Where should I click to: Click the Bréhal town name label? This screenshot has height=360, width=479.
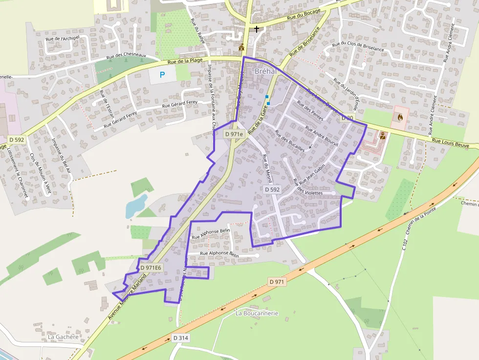[x=266, y=71]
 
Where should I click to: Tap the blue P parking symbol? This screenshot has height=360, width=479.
[x=163, y=75]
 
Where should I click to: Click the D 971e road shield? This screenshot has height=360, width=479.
[x=234, y=134]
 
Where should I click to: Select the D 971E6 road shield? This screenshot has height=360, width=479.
[x=151, y=268]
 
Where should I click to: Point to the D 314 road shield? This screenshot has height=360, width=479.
[x=181, y=338]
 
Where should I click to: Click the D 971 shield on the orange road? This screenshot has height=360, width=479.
[x=277, y=282]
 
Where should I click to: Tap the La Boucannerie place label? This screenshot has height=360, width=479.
[x=257, y=313]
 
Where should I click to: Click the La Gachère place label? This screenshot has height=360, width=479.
[x=63, y=337]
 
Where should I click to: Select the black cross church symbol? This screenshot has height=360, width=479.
[x=257, y=29]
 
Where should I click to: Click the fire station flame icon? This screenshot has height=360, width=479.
[x=400, y=117]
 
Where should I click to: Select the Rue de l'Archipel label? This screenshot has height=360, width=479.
[x=62, y=39]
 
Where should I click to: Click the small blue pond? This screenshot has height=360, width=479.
[x=136, y=206]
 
